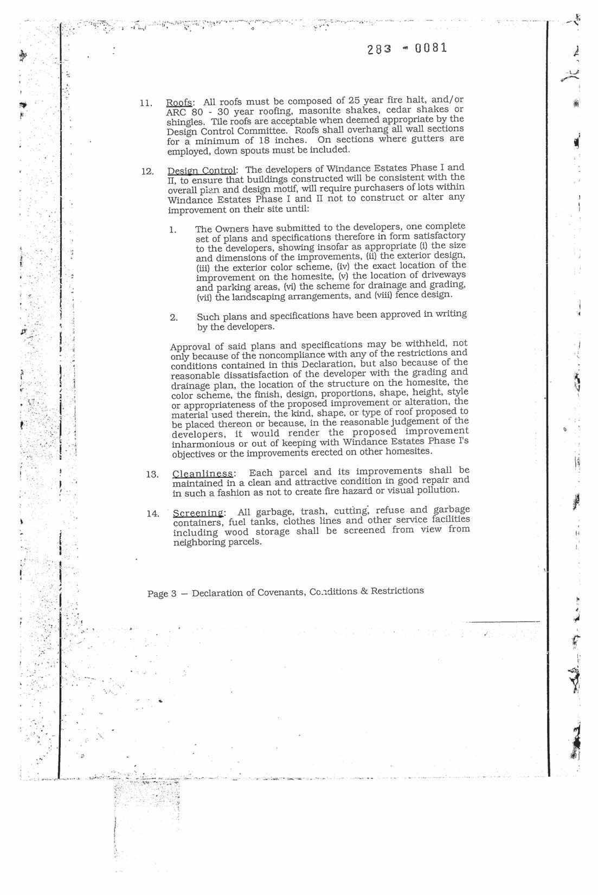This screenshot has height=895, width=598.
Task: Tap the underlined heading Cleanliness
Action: [203, 474]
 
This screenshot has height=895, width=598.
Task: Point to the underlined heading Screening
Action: [198, 513]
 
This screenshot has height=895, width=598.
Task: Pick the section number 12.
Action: [146, 172]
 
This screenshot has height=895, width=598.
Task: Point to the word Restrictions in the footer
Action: [397, 590]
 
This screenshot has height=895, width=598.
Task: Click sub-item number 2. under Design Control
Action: [173, 318]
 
